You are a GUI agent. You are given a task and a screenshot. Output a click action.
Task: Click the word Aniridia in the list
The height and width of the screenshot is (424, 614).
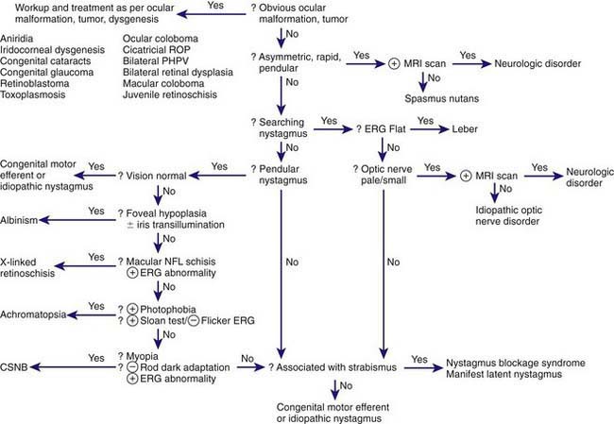pyautogui.click(x=17, y=39)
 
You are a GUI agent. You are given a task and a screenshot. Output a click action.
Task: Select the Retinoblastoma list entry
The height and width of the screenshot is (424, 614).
pyautogui.click(x=34, y=83)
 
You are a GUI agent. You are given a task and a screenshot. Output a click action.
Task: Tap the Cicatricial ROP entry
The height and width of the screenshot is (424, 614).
pyautogui.click(x=156, y=50)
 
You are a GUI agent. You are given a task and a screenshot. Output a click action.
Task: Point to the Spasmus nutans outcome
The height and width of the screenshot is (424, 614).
pyautogui.click(x=442, y=98)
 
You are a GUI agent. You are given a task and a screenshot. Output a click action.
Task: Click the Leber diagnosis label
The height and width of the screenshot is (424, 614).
pyautogui.click(x=465, y=128)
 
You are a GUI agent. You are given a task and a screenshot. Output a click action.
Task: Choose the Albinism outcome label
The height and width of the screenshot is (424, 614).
pyautogui.click(x=19, y=220)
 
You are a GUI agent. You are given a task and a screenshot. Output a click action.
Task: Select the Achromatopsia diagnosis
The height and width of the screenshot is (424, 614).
pyautogui.click(x=33, y=314)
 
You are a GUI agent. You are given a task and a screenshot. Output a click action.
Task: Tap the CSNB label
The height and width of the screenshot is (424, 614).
pyautogui.click(x=14, y=367)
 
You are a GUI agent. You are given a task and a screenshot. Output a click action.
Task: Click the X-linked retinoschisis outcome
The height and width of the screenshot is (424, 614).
pyautogui.click(x=27, y=267)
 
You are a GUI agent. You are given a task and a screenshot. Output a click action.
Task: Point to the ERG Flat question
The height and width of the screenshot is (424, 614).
pyautogui.click(x=381, y=128)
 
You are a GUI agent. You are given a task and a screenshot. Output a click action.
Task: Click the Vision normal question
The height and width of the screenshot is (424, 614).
pyautogui.click(x=152, y=176)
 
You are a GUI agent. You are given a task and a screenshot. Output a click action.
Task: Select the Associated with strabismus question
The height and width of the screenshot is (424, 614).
pyautogui.click(x=333, y=367)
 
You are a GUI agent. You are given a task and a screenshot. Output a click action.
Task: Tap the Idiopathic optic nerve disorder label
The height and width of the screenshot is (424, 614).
pyautogui.click(x=508, y=215)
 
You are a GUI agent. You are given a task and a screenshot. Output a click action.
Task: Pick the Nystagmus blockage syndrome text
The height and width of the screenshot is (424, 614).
pyautogui.click(x=516, y=363)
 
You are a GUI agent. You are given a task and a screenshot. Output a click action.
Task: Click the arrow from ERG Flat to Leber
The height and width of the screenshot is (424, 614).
pyautogui.click(x=430, y=128)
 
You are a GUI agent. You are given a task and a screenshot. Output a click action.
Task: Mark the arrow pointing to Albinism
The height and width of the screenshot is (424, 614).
pyautogui.click(x=77, y=220)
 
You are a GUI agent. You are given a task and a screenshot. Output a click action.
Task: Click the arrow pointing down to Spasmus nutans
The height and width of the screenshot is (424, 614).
pyautogui.click(x=422, y=82)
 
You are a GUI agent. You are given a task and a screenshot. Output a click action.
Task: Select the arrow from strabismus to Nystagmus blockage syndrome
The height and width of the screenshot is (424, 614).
pyautogui.click(x=423, y=367)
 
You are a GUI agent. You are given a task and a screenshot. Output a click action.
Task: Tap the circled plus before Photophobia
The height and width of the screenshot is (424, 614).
pyautogui.click(x=133, y=310)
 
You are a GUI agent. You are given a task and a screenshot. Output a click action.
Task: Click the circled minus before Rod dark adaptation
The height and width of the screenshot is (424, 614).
pyautogui.click(x=133, y=367)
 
